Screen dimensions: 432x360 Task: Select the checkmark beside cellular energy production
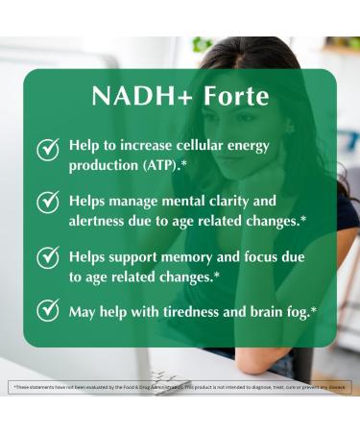47,150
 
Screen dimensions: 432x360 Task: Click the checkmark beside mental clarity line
47,203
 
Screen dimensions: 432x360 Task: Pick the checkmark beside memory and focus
47,257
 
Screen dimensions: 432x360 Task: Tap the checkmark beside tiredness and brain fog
47,311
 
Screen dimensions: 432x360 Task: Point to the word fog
300,312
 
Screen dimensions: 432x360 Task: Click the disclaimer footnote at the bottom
180,387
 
